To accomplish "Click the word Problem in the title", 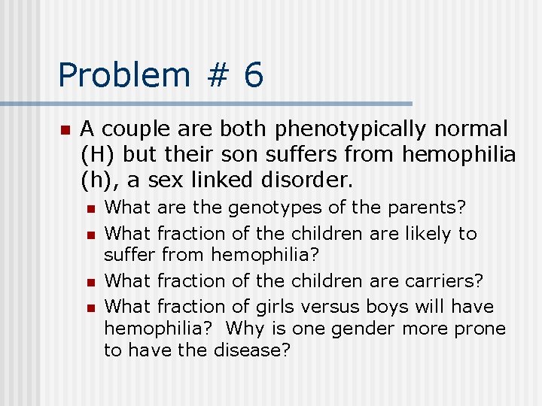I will (x=124, y=75).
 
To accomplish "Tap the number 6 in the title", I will (x=254, y=75).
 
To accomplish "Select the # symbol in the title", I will (x=218, y=75).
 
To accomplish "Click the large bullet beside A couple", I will (x=65, y=130).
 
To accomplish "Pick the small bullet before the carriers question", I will (x=90, y=282).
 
